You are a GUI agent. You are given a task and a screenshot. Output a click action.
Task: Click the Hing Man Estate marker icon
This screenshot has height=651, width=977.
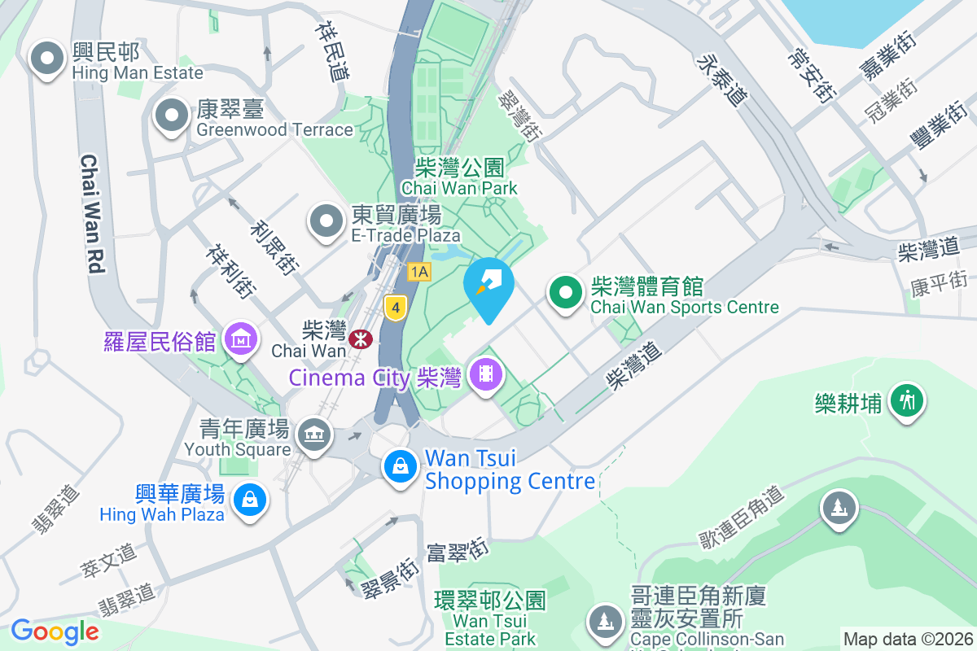pyautogui.click(x=47, y=59)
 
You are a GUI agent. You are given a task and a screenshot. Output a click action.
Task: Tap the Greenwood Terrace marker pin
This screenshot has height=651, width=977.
pyautogui.click(x=171, y=116)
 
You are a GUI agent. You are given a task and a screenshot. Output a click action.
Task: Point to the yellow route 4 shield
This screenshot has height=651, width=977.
pyautogui.click(x=395, y=308)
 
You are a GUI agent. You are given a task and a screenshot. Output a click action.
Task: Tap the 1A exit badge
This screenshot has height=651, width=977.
pyautogui.click(x=418, y=272)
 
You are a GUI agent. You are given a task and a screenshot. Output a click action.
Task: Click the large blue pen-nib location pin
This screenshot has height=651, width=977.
pyautogui.click(x=488, y=286)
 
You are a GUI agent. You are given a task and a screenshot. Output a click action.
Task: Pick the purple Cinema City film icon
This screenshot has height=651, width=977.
pyautogui.click(x=486, y=375)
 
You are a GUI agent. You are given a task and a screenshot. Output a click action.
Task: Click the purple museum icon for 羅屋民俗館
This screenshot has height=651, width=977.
pyautogui.click(x=241, y=339)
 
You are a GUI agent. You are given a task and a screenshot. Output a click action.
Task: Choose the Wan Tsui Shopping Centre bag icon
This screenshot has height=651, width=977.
pyautogui.click(x=400, y=468)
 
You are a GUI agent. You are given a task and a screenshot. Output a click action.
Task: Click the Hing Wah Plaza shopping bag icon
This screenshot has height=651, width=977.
pyautogui.click(x=249, y=500)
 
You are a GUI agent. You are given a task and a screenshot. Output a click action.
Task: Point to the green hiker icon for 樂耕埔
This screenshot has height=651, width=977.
pyautogui.click(x=906, y=401)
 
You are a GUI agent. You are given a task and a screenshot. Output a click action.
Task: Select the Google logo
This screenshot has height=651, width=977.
pyautogui.click(x=55, y=631)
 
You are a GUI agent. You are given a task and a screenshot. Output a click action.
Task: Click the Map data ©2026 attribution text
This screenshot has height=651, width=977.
pyautogui.click(x=907, y=639)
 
